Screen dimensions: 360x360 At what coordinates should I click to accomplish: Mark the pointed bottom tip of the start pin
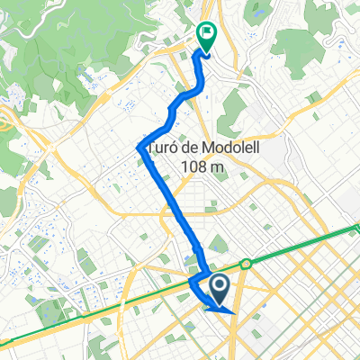(220, 303)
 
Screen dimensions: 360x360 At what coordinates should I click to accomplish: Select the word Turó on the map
(164, 148)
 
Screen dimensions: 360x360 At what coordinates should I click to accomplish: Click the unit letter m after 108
(219, 167)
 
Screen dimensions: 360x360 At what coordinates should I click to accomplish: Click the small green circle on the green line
(245, 264)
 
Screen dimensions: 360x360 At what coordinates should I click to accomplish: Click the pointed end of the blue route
(234, 312)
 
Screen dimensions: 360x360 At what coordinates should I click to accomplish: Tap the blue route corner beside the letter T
(139, 147)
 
